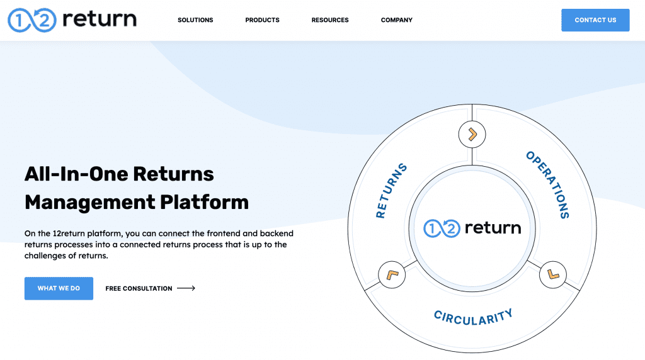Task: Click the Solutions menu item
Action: [x=195, y=20]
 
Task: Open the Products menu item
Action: [x=262, y=20]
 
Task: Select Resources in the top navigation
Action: [x=330, y=20]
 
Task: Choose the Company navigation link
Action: [x=397, y=20]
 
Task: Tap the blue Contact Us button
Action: [x=595, y=20]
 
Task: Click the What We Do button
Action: [x=59, y=288]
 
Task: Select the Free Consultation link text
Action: [x=139, y=288]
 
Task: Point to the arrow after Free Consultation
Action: [x=186, y=288]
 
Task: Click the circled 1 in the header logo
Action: [x=19, y=20]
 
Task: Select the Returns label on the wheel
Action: [x=391, y=191]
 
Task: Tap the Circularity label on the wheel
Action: [x=473, y=316]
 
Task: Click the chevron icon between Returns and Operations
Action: [x=472, y=133]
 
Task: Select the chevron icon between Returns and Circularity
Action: [x=391, y=275]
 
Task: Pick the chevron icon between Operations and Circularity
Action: [x=553, y=274]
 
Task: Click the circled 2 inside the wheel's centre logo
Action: [x=451, y=228]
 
